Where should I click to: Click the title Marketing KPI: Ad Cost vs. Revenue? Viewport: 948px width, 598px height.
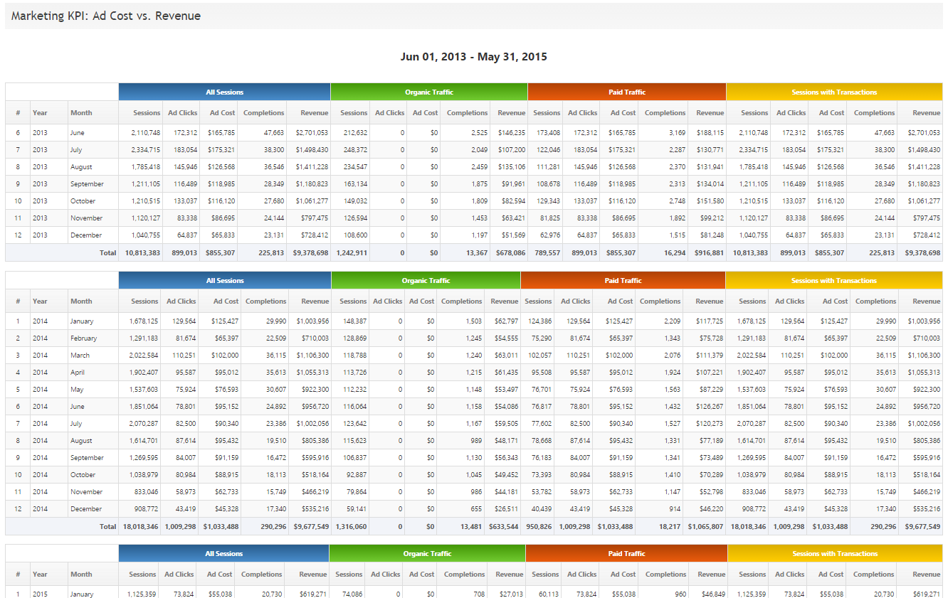(106, 16)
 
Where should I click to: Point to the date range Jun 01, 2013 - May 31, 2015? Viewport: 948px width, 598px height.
(473, 57)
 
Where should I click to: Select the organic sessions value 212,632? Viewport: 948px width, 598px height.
(354, 133)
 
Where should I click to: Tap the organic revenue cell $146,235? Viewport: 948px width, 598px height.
(511, 133)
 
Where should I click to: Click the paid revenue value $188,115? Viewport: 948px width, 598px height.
(710, 133)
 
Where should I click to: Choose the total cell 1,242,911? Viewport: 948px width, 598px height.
(352, 252)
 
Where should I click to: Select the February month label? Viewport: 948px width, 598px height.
(83, 338)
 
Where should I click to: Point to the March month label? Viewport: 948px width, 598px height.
(80, 356)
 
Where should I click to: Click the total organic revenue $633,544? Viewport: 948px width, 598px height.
(503, 527)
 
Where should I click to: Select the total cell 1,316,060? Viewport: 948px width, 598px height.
(352, 527)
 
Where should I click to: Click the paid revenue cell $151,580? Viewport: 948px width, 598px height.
(710, 201)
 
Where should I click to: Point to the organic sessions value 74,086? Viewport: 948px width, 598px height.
(349, 594)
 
